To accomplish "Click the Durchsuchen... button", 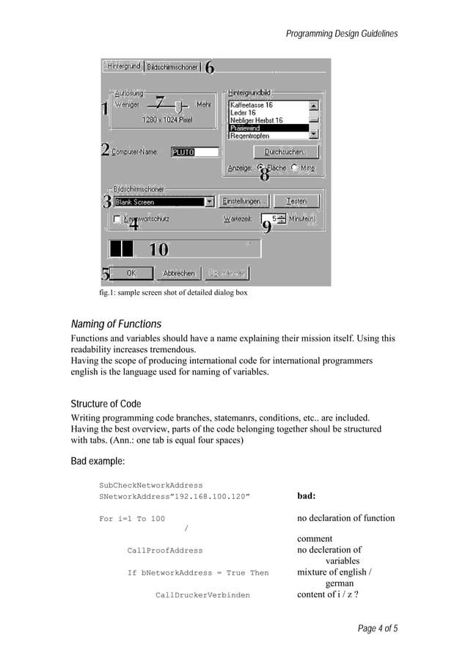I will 285,152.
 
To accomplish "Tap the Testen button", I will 296,201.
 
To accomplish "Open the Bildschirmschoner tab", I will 172,67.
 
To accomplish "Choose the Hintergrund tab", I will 123,66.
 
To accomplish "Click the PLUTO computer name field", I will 194,152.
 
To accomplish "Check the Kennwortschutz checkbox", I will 117,219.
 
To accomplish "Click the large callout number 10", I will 158,250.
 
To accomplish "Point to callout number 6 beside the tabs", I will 209,68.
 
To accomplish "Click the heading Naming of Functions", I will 116,324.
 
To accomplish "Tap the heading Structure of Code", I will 106,404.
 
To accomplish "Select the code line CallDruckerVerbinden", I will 202,595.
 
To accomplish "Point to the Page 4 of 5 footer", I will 378,628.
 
